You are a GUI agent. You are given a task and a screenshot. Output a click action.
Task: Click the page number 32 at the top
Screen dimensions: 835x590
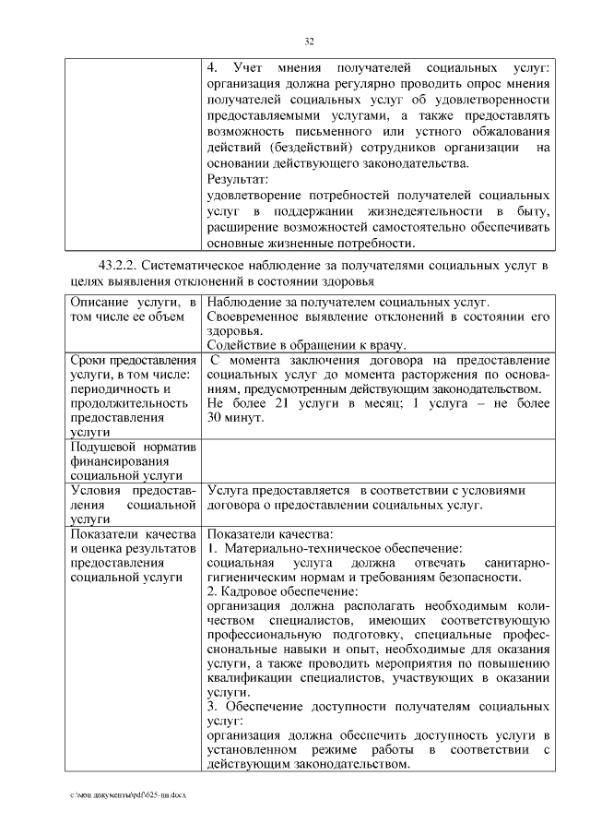point(310,41)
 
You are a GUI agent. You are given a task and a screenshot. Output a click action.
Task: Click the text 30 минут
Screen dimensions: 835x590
point(235,418)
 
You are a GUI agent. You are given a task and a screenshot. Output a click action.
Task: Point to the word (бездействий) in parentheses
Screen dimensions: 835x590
point(313,148)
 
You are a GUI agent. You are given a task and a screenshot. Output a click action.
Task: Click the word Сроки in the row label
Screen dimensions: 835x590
point(91,359)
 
